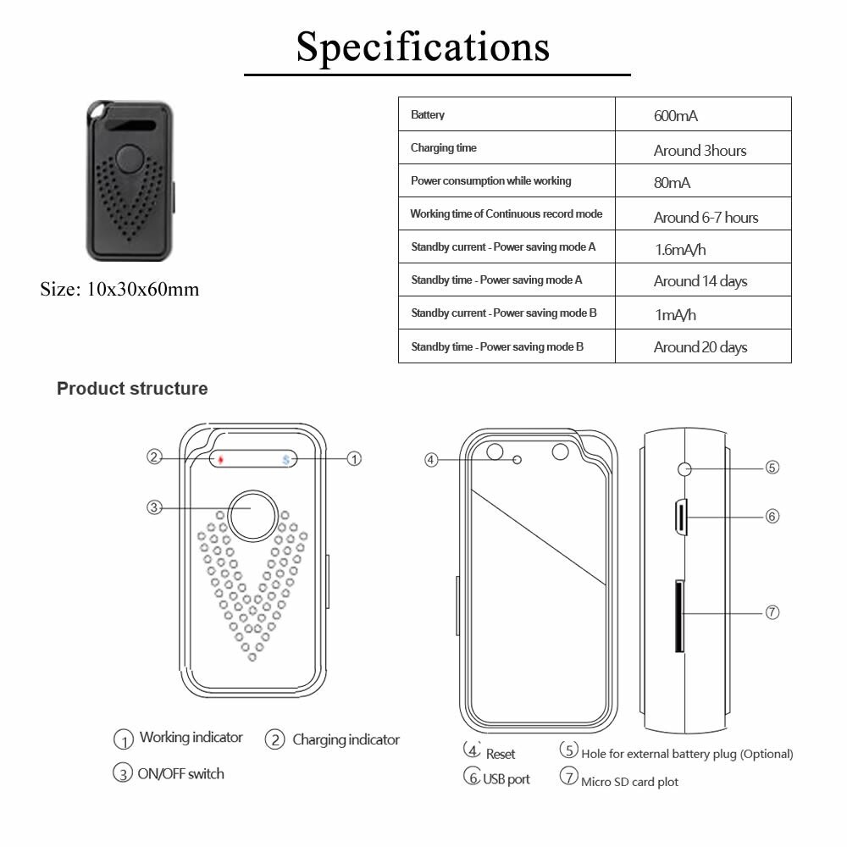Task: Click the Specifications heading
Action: (423, 47)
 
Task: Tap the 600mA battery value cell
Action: (675, 116)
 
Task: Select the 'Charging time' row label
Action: (443, 148)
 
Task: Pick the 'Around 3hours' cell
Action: (700, 151)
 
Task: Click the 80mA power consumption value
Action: (672, 183)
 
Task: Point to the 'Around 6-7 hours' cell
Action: (706, 218)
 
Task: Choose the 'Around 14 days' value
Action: (700, 281)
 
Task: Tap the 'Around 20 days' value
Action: (700, 347)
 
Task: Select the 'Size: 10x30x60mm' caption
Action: (119, 290)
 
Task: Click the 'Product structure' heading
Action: (132, 389)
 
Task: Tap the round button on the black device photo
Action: (131, 158)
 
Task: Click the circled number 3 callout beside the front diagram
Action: (154, 507)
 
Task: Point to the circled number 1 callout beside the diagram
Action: (355, 458)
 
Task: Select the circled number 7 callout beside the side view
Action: (772, 612)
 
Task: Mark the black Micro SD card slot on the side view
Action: (679, 616)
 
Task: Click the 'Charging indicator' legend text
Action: (345, 739)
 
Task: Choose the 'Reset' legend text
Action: (500, 754)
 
